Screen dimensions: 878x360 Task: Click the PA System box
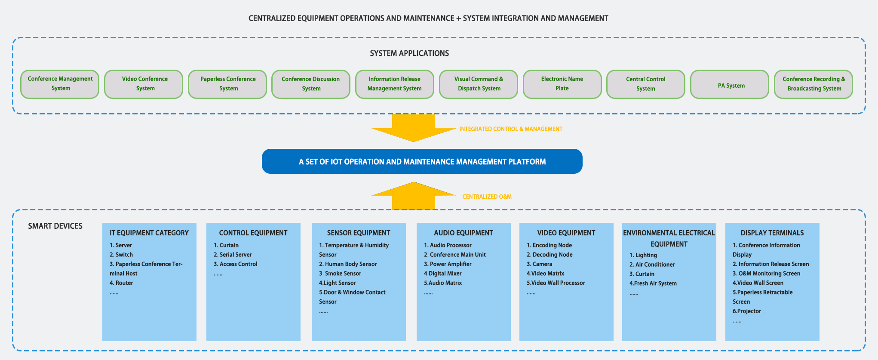coord(729,84)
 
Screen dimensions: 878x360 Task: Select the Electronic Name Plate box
coord(562,84)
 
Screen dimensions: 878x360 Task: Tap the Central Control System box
coord(645,84)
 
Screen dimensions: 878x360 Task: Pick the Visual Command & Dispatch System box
coord(479,84)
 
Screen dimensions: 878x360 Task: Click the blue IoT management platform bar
coord(422,161)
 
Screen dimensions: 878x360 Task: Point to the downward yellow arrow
coord(414,128)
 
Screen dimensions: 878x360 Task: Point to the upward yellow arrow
coord(414,196)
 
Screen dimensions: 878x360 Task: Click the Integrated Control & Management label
coord(511,129)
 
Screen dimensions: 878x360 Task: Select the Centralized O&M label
coord(487,197)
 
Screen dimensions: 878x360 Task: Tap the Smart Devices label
coord(55,226)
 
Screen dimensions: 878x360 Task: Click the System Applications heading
coord(409,53)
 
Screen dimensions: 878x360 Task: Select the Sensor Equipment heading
coord(359,233)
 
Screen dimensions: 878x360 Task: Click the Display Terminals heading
coord(772,233)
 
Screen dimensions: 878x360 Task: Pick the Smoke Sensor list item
coord(340,274)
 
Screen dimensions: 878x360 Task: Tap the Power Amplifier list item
coord(448,264)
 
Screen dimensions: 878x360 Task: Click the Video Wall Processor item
coord(556,283)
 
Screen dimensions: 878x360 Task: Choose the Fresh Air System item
coord(653,283)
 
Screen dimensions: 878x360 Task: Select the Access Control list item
coord(236,264)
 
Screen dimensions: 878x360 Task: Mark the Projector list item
coord(747,311)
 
